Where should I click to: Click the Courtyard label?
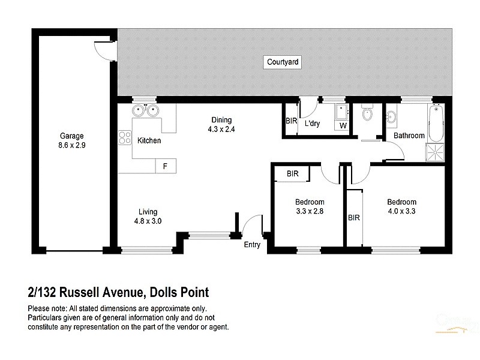coord(283,62)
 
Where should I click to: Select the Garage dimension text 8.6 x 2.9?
coord(71,145)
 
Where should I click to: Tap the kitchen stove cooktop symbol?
coord(125,138)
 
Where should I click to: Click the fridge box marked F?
coord(165,166)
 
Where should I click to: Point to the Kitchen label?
coord(149,141)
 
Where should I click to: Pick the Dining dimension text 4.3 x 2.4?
coord(220,129)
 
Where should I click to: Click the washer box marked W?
coord(343,126)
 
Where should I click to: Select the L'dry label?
coord(313,124)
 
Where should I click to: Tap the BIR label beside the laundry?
coord(291,121)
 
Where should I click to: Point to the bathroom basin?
coord(391,116)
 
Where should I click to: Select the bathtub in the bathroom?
coord(436,122)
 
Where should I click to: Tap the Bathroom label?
coord(409,136)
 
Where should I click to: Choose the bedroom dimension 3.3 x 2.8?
coord(310,211)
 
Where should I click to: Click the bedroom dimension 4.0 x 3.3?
coord(401,211)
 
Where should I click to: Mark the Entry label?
coord(252,245)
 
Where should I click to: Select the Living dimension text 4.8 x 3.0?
coord(148,221)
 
